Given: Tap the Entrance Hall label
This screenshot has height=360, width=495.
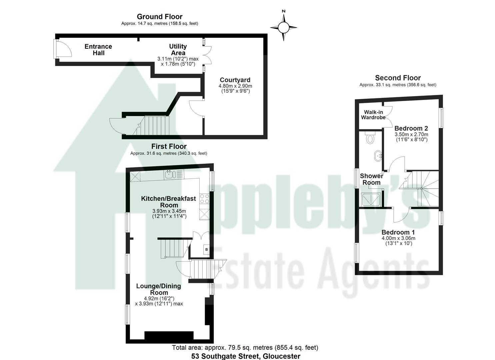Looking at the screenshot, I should click(98, 50).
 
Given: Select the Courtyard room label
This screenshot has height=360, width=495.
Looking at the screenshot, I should click(235, 80).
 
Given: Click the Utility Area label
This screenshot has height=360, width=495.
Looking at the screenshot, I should click(178, 50).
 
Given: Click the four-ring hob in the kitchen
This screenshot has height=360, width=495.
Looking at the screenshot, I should click(204, 199).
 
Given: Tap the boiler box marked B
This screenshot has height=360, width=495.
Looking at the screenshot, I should click(206, 249).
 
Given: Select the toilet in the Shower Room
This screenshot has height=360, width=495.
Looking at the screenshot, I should click(370, 137).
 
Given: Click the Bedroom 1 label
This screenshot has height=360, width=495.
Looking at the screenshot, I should click(398, 232).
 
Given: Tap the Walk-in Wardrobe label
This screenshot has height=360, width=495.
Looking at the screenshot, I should click(373, 115).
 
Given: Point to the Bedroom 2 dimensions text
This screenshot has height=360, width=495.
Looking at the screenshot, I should click(411, 137).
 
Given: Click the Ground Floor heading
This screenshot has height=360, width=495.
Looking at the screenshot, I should click(160, 17).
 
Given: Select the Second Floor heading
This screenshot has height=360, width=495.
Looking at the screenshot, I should click(398, 78).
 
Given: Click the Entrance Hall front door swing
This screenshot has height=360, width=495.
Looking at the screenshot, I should click(63, 49).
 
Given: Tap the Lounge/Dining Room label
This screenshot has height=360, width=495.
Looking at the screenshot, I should click(159, 289).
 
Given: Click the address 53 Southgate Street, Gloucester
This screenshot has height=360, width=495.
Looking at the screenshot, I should click(246, 356).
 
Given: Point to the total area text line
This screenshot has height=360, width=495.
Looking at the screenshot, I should click(245, 348).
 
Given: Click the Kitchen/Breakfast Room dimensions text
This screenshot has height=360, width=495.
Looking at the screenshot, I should click(169, 213).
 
